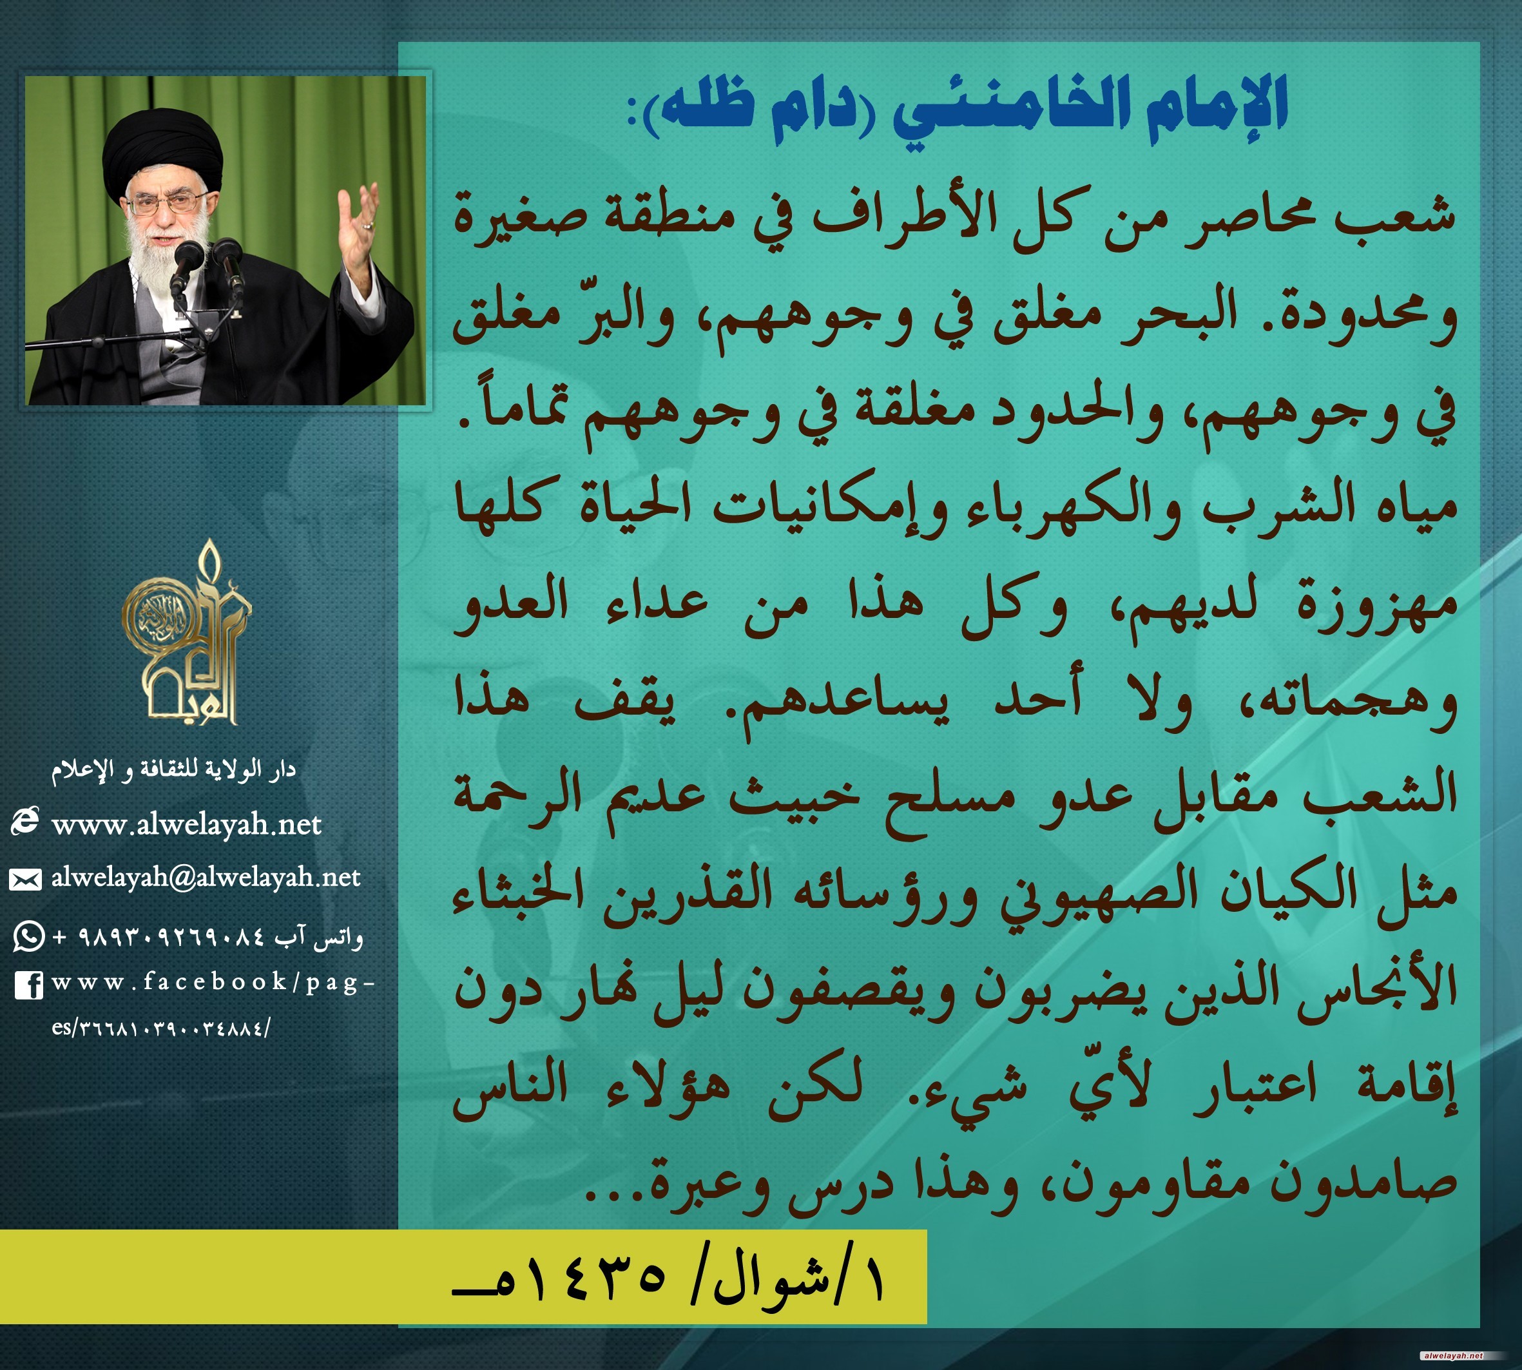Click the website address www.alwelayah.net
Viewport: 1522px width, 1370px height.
click(187, 825)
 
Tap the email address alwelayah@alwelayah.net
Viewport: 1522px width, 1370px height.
click(206, 878)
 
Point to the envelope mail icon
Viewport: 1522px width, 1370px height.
click(26, 879)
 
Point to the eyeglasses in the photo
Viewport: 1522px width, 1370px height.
click(167, 203)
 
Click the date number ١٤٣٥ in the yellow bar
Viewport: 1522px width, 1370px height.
click(583, 1277)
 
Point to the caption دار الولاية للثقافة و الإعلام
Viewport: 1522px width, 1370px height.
click(174, 769)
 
